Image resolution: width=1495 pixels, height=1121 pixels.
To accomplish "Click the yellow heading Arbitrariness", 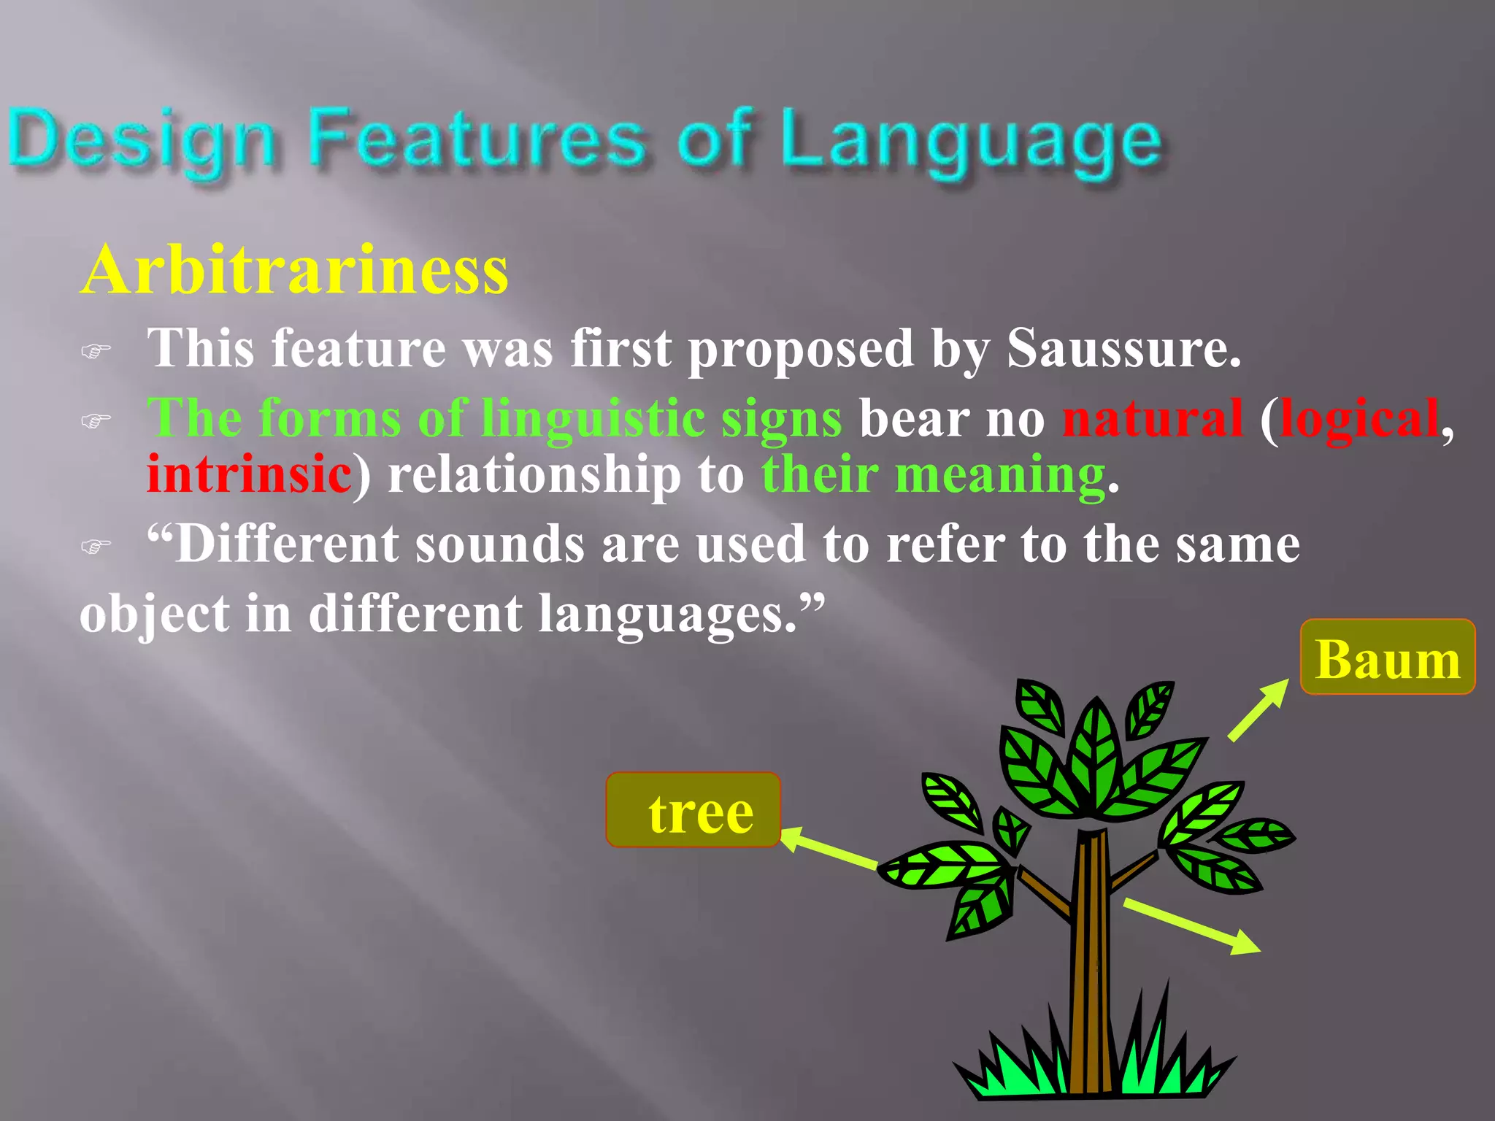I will (294, 271).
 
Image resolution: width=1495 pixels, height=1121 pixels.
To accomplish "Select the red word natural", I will (1152, 419).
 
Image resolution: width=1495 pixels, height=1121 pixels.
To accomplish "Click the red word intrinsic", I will (249, 474).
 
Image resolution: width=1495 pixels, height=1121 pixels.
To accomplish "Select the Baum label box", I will (1387, 657).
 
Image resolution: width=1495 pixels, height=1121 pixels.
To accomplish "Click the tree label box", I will (693, 810).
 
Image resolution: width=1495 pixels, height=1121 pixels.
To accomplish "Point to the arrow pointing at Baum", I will (1259, 709).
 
